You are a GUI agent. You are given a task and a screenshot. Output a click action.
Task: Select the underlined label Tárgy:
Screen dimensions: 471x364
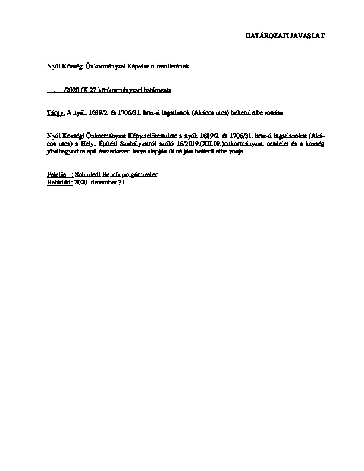55,112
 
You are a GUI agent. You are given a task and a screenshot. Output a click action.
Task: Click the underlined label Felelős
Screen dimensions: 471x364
56,174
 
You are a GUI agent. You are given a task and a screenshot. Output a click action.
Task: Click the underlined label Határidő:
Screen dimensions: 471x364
59,181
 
